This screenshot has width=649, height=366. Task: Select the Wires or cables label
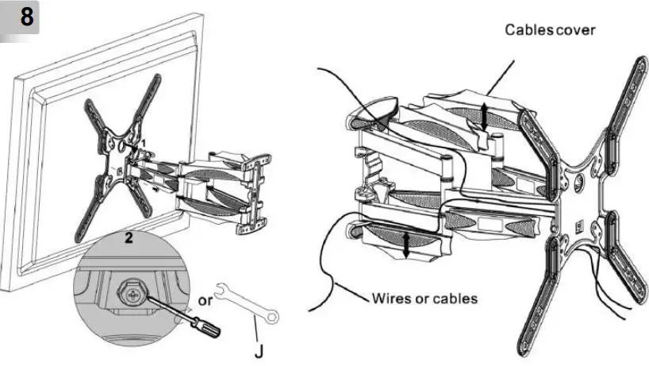424,299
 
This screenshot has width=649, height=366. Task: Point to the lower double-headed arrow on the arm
408,244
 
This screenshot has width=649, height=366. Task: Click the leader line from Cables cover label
499,75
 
